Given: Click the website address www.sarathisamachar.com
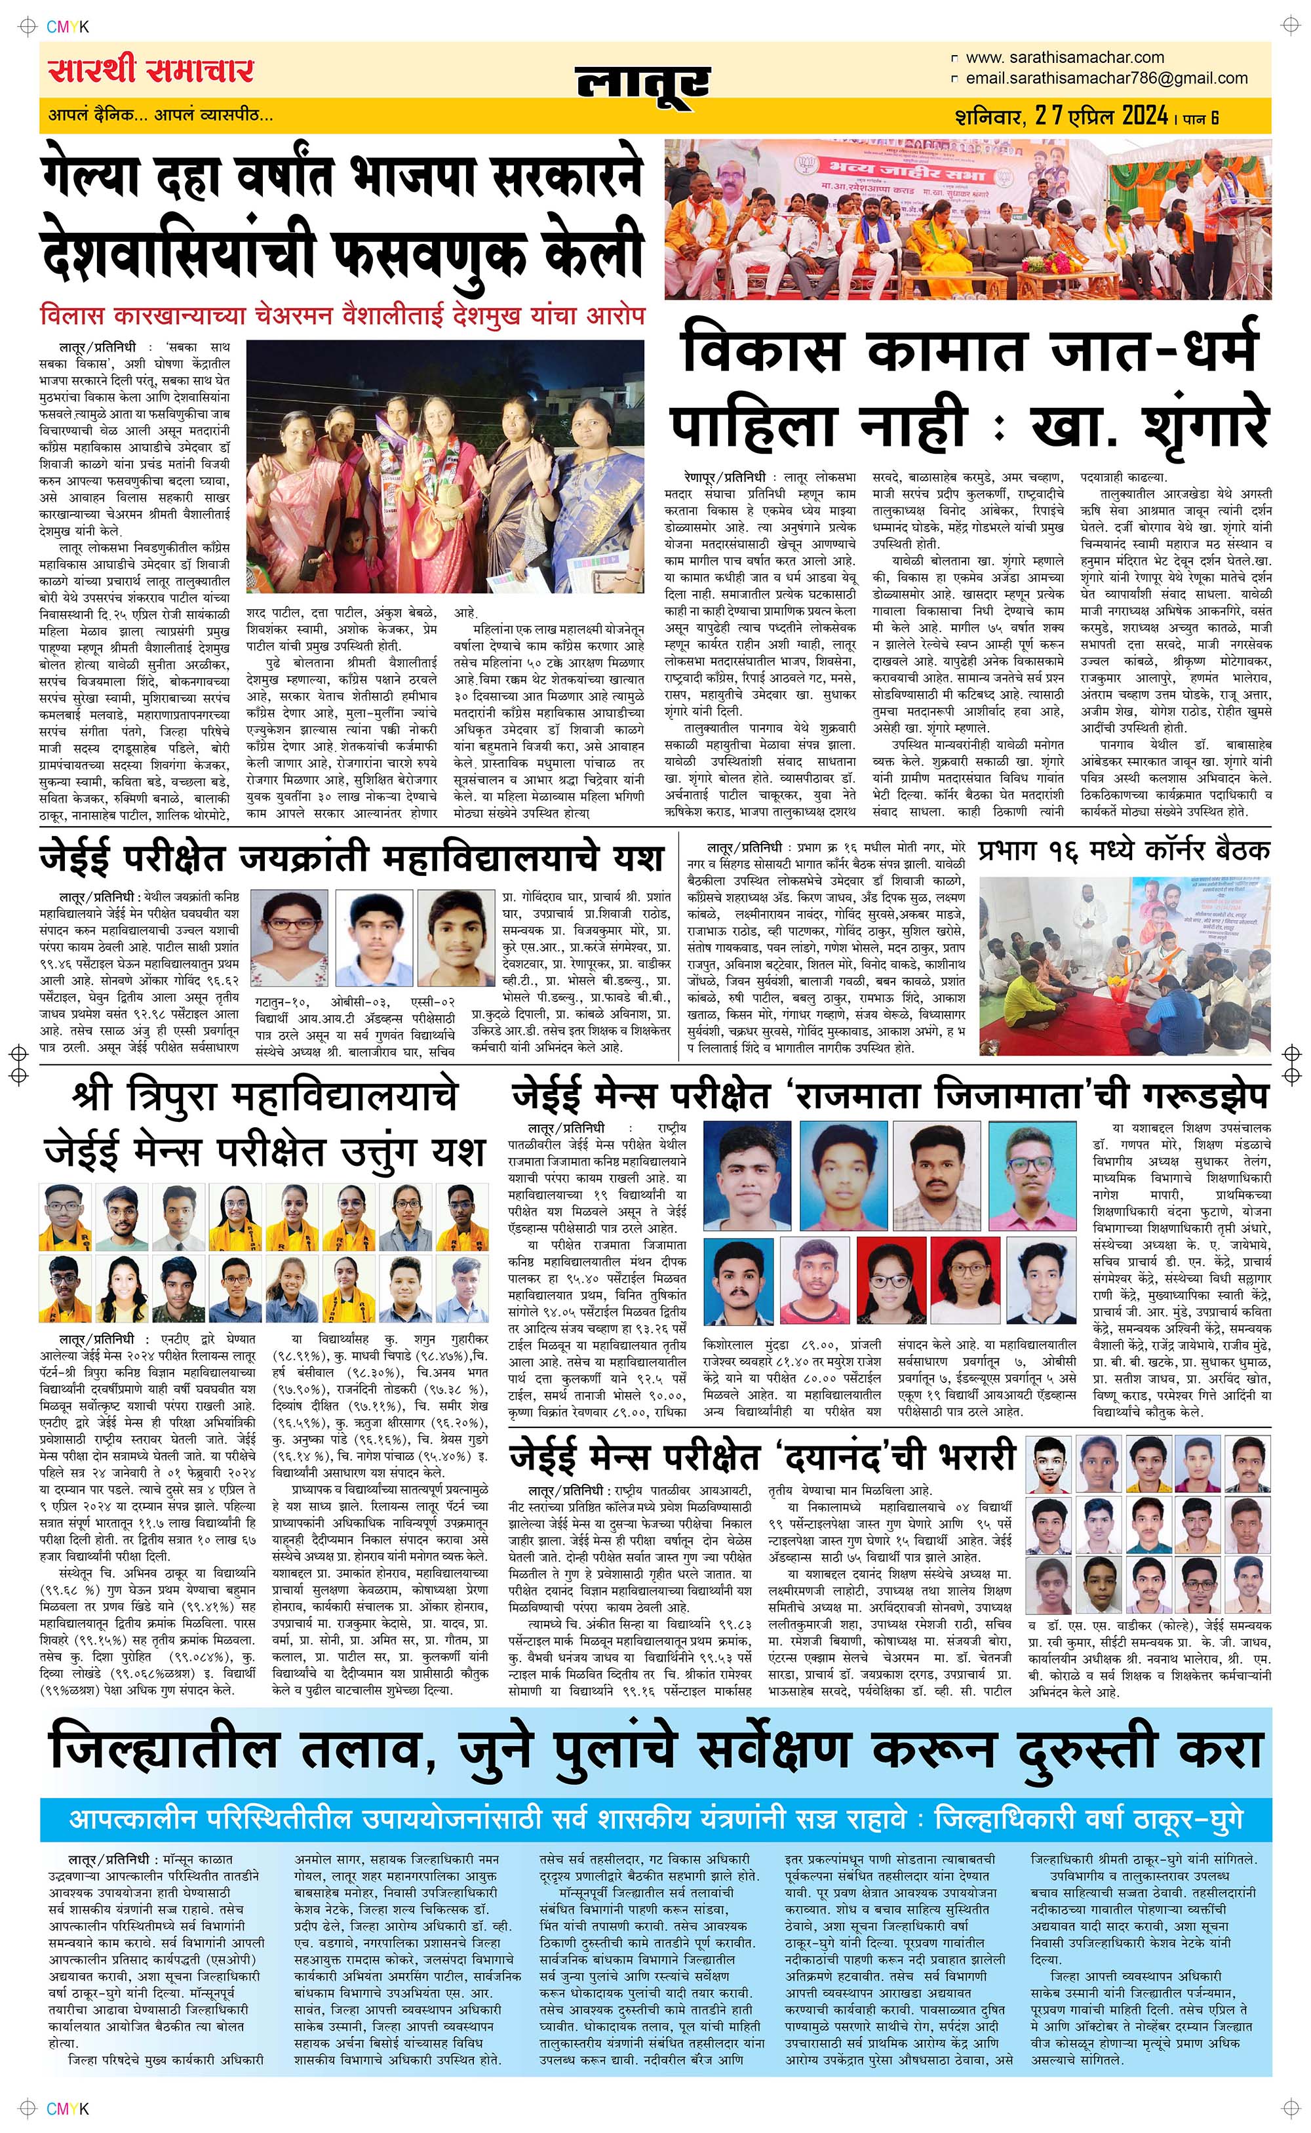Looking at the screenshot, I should (1064, 57).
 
